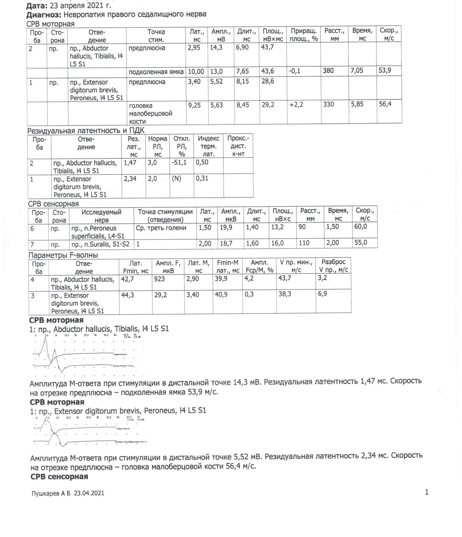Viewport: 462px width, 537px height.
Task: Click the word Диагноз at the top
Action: [44, 14]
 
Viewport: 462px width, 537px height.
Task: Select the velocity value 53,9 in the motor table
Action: [385, 71]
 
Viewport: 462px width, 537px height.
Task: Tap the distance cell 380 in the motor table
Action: [328, 71]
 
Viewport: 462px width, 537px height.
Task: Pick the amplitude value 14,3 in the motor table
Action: [216, 48]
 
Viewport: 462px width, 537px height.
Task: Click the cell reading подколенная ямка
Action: [156, 72]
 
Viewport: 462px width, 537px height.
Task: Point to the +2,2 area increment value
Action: [296, 105]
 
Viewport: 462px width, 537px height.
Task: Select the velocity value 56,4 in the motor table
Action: [385, 104]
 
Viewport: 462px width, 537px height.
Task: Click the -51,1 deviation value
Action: [179, 163]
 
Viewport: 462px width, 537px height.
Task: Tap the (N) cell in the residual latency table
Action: [176, 179]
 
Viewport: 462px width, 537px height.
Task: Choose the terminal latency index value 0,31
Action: [202, 179]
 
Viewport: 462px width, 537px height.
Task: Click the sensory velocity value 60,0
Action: [361, 227]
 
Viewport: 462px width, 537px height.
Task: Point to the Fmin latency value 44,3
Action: [128, 295]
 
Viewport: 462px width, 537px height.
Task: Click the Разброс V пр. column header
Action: [333, 266]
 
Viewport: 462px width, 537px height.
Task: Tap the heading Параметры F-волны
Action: [63, 255]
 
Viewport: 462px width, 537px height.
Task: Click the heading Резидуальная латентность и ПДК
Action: [86, 131]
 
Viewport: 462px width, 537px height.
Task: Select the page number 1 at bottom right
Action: [427, 492]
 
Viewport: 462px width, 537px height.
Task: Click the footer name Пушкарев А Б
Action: [51, 493]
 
